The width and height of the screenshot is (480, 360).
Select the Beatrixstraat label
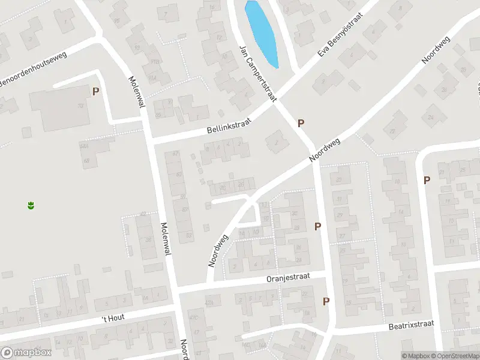(x=410, y=325)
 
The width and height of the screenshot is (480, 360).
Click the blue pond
(x=262, y=33)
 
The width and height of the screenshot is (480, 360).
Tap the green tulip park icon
(x=30, y=206)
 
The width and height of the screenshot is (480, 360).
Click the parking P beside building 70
(x=95, y=91)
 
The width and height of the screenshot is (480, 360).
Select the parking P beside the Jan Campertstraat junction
(x=301, y=123)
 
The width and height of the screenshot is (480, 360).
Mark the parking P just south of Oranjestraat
(x=326, y=301)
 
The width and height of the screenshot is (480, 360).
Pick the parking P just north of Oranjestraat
(x=318, y=226)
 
